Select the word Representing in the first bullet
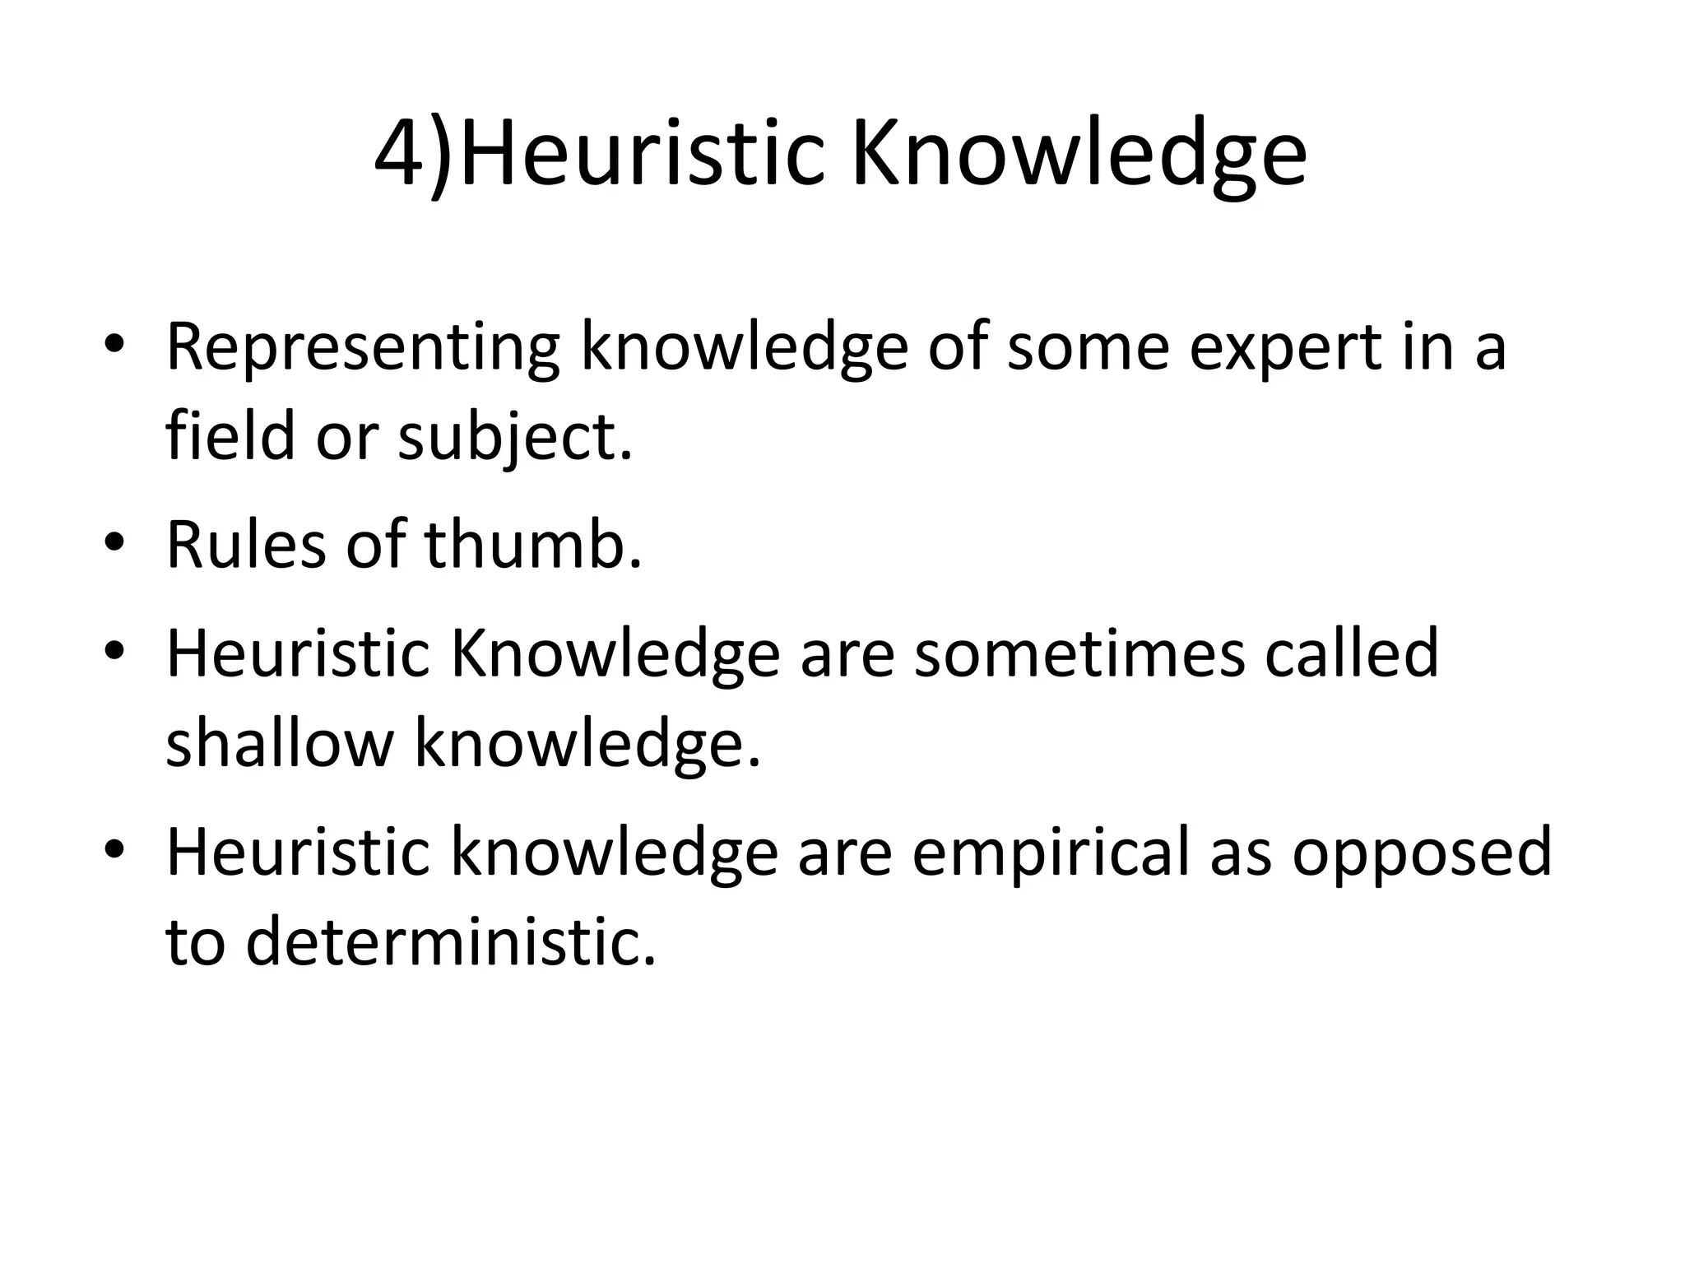363,349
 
